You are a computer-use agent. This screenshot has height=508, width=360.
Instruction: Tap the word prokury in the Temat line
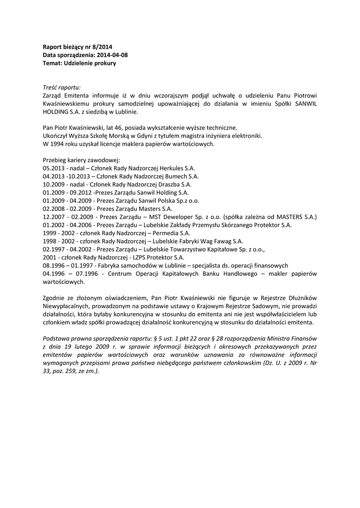105,63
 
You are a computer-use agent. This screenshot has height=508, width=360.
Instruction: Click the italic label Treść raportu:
62,87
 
